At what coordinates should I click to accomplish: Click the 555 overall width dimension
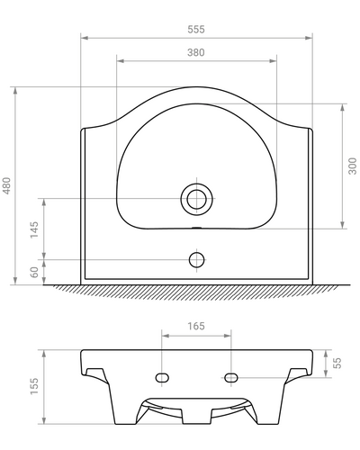coord(196,29)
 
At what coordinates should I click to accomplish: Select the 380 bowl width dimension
coord(196,52)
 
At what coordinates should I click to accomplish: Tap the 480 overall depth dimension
coord(7,185)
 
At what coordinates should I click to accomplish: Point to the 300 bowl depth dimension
coord(353,166)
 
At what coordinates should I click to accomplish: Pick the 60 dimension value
coord(34,272)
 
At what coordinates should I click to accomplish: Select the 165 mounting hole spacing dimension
coord(196,326)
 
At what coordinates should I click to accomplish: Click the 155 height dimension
coord(34,386)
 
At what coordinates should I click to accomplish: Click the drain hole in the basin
coord(196,198)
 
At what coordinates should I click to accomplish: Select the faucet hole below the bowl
coord(196,260)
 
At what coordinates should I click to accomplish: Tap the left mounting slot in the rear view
coord(162,375)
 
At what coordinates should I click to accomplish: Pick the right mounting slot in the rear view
coord(230,375)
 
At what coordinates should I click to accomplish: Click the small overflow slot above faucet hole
coord(196,229)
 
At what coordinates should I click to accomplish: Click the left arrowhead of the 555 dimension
coord(84,38)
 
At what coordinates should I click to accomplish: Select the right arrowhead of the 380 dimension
coord(274,61)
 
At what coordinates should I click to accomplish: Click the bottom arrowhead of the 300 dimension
coord(342,226)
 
